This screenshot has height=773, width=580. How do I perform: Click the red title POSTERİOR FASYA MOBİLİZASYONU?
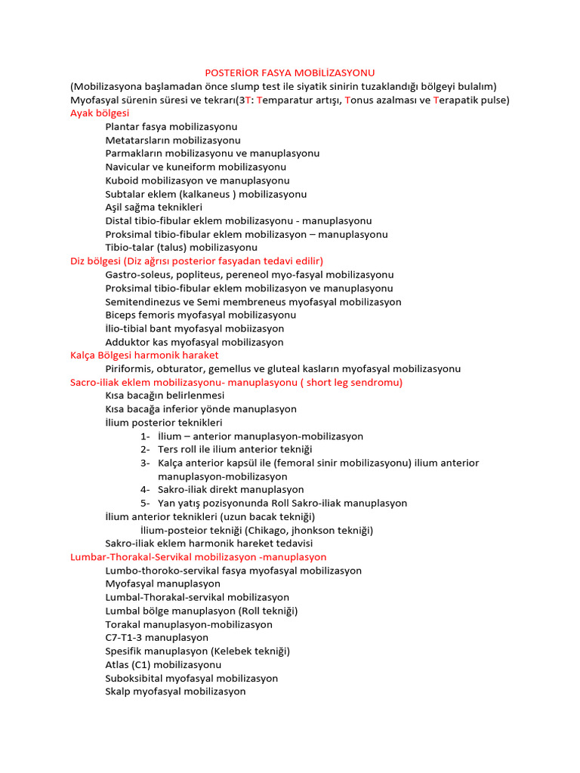(289, 72)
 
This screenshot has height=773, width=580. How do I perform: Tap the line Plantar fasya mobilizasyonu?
(171, 126)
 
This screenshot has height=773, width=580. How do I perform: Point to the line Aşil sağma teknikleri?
(154, 207)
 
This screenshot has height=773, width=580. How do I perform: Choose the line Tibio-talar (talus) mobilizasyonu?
(181, 247)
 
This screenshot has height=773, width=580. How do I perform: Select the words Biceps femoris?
(142, 315)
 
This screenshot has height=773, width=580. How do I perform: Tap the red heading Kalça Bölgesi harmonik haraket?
(144, 355)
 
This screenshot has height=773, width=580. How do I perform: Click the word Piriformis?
(129, 368)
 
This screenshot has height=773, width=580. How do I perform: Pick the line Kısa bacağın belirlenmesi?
(165, 396)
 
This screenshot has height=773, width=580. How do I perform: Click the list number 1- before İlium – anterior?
(145, 436)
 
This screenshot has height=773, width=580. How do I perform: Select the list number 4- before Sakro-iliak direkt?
(145, 489)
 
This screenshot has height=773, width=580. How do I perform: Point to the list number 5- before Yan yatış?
(145, 503)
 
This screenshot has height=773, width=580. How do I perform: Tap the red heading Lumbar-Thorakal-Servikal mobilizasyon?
(198, 557)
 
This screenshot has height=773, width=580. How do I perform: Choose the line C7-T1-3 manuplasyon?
(157, 638)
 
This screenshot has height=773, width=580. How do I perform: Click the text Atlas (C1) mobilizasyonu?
(163, 665)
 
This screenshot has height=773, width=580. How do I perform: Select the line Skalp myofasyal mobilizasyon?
(175, 691)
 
